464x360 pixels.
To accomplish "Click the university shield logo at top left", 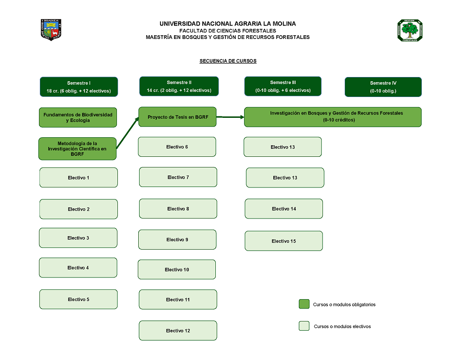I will [52, 30].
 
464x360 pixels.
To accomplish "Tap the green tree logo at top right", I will [410, 31].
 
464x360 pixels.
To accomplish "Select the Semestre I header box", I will [79, 87].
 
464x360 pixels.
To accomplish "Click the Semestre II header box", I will [179, 86].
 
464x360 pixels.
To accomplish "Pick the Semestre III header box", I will [283, 86].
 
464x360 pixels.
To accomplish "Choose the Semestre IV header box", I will [383, 87].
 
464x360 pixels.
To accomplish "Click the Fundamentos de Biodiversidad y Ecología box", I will [78, 117].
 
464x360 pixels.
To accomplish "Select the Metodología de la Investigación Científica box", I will [77, 149].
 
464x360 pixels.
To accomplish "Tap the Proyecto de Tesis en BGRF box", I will [178, 117].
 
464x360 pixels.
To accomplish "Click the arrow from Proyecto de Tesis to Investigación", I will [231, 117].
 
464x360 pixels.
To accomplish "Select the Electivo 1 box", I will [78, 178].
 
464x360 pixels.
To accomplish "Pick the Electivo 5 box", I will [78, 299].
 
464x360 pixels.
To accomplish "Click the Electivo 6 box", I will [177, 147].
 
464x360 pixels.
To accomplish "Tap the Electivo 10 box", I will [177, 270].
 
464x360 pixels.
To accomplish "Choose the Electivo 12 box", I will [178, 330].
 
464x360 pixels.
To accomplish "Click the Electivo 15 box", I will [284, 241].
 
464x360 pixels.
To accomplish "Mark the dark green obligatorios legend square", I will [304, 304].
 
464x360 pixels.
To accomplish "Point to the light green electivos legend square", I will [304, 326].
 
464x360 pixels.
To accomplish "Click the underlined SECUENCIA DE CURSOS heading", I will [228, 61].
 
